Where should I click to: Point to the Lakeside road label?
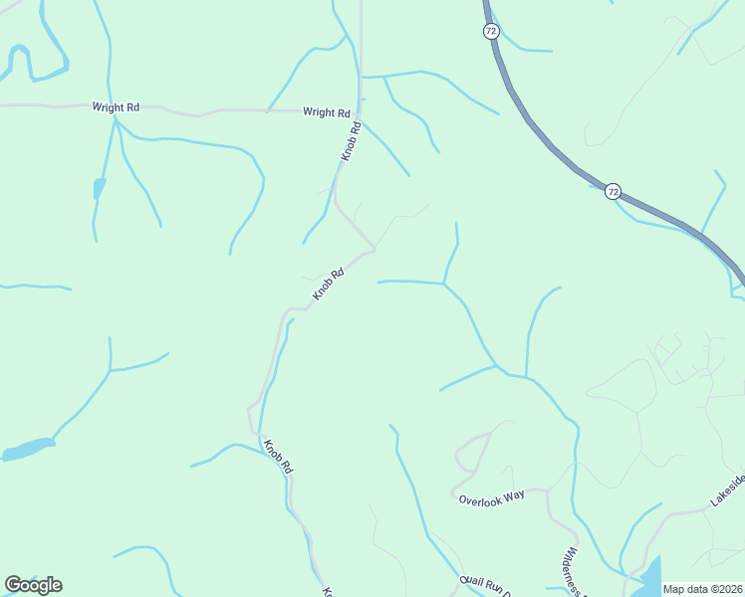726,491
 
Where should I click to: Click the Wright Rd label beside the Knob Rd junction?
327,113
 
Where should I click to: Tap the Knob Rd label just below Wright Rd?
352,140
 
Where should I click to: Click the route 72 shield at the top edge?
491,32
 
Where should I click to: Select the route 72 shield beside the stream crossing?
613,191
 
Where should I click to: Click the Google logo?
33,585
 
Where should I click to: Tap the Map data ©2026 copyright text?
702,589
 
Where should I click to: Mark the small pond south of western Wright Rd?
99,187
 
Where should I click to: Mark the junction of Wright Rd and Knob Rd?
360,110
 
